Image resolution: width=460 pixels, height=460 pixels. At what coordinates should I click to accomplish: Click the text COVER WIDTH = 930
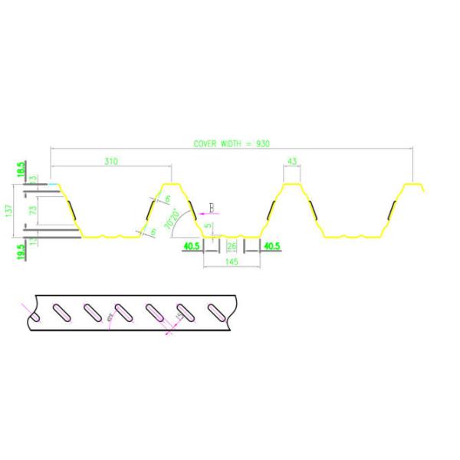coord(232,143)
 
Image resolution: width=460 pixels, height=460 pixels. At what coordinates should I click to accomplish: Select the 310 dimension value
coord(110,162)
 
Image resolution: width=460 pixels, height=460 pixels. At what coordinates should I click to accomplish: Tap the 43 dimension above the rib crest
coord(291,161)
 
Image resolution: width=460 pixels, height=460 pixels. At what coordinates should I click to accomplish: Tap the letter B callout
coord(212,205)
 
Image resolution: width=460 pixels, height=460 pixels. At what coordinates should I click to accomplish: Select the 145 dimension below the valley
coord(232,261)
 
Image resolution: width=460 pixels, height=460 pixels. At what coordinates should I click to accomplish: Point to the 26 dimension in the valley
coord(232,245)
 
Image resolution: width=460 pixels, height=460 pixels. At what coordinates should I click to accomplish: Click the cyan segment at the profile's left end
coord(51,184)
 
